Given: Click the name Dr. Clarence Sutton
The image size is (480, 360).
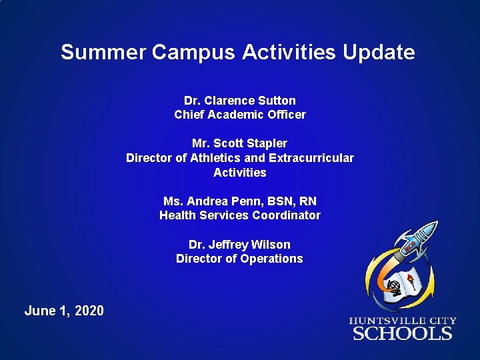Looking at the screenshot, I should pos(239,101).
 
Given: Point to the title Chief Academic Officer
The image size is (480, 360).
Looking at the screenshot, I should pos(239,115).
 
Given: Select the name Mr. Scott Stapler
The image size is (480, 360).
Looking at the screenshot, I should pos(239,143).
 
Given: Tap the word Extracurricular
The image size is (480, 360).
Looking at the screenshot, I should pos(311,158).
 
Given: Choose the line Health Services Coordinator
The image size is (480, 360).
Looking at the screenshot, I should pos(239,215).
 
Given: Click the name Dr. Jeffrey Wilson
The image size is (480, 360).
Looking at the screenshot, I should pos(239,245).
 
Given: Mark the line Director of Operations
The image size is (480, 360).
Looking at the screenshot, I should pos(239,259).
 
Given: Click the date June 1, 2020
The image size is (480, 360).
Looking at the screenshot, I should pos(64,311).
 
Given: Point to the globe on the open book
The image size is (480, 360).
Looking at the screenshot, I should pos(395,289).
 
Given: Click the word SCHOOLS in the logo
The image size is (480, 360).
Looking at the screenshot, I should pos(403,333).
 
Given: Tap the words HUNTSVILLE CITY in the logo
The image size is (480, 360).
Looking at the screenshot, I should pos(403,320).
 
